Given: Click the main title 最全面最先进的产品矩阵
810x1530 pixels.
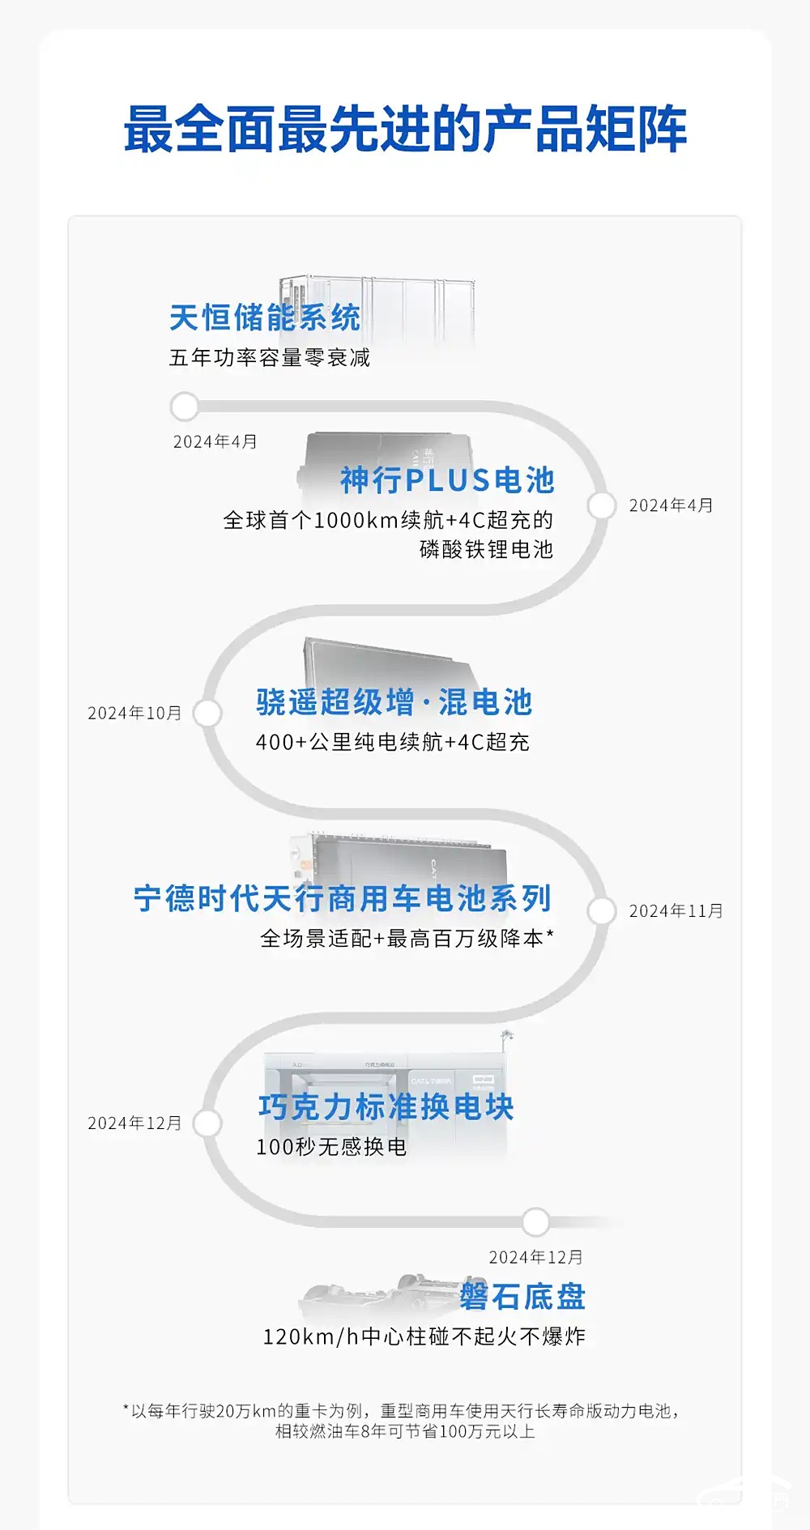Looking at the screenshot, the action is pos(405,130).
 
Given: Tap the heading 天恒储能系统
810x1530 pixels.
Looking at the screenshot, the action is pos(265,318).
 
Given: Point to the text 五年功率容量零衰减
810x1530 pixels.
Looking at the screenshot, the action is pos(270,357).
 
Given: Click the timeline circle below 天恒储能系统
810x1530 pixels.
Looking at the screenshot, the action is pos(185,407).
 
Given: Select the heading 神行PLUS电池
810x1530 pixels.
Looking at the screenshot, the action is pos(448,480).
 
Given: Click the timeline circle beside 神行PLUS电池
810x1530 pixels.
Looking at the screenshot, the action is pos(602,505).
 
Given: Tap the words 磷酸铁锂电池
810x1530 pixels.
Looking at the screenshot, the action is pos(486,549).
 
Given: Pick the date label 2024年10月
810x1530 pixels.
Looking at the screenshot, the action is pos(134,713).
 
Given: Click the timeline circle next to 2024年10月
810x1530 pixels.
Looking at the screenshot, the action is pos(207,714).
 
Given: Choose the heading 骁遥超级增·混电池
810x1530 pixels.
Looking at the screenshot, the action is pos(394,702).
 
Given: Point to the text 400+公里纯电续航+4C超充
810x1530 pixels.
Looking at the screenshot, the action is pos(393,742).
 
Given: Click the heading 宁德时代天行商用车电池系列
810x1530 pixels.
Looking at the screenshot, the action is pos(343,898).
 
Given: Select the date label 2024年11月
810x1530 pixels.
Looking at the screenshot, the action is pos(676,911).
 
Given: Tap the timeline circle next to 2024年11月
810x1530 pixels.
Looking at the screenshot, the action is pos(602,911).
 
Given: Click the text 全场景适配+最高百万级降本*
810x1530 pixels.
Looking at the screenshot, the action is pos(407,938).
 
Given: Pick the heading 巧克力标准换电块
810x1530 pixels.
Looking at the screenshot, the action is pos(386,1107).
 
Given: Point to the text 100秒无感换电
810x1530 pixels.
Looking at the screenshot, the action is pos(331,1147).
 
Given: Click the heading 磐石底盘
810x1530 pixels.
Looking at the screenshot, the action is pos(522,1297).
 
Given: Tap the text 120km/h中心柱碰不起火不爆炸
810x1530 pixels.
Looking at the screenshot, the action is pos(424,1336).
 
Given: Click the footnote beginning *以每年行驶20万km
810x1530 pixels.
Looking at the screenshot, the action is pos(403,1421).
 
